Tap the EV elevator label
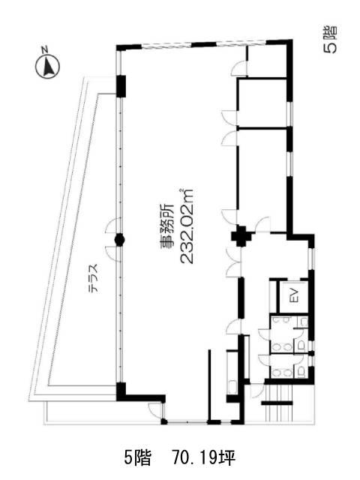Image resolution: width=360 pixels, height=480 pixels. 295,295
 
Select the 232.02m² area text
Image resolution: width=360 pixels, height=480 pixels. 187,226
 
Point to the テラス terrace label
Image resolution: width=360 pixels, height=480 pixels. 94,278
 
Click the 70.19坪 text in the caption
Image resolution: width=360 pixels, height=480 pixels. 204,458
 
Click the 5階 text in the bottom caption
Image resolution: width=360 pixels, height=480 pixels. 137,458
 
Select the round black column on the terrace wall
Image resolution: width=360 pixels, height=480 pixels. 119,240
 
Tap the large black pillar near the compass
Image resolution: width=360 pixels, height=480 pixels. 121,86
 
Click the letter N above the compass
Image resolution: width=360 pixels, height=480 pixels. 45,49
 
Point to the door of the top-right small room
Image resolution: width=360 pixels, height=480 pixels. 239,67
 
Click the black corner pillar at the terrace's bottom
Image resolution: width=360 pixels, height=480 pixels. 121,391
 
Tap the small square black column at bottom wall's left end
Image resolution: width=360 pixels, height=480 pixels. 164,422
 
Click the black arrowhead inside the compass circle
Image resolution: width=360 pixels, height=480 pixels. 48,67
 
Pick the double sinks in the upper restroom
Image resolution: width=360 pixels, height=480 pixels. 282,346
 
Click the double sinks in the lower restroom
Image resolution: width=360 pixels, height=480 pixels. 282,373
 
